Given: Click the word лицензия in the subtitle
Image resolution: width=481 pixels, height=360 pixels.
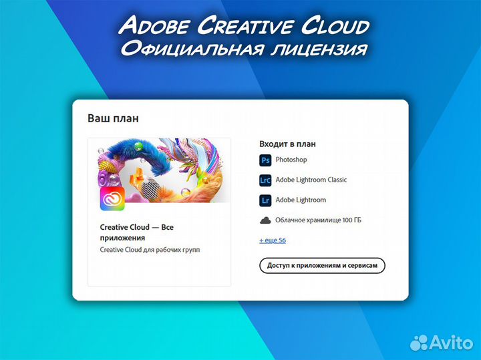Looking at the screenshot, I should coord(321,49).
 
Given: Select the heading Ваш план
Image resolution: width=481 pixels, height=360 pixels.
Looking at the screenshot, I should coord(113,118).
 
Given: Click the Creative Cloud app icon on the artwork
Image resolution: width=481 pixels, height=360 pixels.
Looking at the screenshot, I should coord(112,199).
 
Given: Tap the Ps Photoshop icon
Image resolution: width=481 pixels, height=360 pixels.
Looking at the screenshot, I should coord(265,160).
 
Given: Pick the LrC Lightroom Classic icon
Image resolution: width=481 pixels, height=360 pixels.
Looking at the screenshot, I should coord(265,180).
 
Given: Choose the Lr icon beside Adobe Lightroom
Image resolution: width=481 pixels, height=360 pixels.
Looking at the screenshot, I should coord(265,200).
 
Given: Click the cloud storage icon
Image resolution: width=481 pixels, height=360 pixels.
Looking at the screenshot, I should coord(265,220).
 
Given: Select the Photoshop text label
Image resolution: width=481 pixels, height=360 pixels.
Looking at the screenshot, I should coord(291,160).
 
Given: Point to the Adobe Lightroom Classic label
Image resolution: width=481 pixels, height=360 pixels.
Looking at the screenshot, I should coord(311,180).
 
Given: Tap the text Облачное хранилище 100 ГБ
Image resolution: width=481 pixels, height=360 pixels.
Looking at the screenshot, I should coord(319,220).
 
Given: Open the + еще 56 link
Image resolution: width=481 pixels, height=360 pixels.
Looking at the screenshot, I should coord(273,240).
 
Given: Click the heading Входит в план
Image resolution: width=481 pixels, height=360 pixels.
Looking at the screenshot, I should coord(287,144).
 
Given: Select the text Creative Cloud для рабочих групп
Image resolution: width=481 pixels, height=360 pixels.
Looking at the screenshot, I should coord(150,250).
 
